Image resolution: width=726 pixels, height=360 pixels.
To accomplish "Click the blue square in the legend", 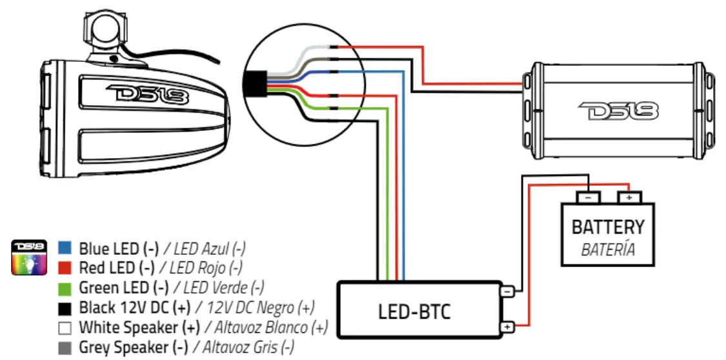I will [64, 248].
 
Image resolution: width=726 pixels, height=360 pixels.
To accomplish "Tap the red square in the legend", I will [64, 266].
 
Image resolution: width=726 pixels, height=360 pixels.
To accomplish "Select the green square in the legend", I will [64, 286].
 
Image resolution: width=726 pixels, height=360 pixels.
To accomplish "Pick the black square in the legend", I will [64, 306].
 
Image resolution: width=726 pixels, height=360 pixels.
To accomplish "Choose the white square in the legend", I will [64, 327].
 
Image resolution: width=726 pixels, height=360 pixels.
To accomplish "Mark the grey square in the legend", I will [64, 347].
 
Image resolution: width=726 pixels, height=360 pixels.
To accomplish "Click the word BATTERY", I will [607, 227].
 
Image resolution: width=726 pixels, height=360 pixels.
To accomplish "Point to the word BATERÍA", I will [607, 249].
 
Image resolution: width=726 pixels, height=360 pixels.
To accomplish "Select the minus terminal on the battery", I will [588, 197].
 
